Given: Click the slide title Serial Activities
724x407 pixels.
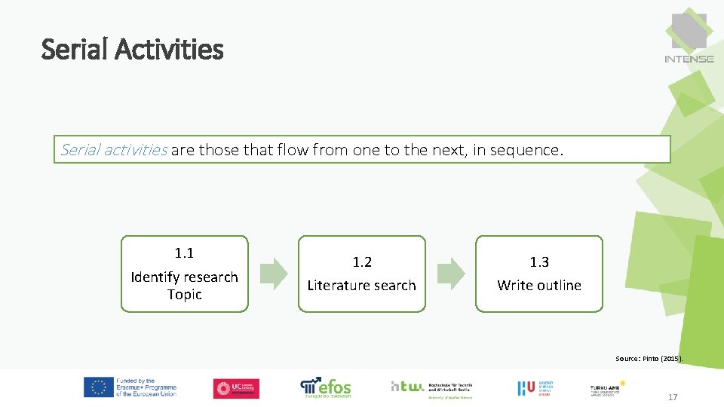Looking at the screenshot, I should (x=133, y=50).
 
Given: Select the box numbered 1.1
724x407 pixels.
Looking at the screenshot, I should (x=185, y=274).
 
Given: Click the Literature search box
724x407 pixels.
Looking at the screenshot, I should (x=362, y=274).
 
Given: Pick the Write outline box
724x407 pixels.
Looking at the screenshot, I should (x=539, y=274).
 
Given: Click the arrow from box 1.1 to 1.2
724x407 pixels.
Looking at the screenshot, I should (x=274, y=274).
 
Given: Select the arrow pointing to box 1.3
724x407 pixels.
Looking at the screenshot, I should (x=451, y=274).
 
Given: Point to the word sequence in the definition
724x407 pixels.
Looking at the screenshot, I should (x=526, y=150).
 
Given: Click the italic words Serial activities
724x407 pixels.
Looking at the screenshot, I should (x=113, y=149).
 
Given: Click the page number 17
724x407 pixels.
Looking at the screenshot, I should (x=673, y=396).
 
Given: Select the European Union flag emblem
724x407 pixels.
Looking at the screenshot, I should (x=97, y=387).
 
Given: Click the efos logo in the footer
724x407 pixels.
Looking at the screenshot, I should (x=326, y=387).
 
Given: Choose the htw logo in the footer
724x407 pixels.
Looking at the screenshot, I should (x=431, y=387).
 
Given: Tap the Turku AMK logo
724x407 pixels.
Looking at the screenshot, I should (x=606, y=387).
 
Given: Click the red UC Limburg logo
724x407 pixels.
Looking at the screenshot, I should (x=236, y=388).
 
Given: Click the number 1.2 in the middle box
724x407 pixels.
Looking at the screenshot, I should (x=362, y=262).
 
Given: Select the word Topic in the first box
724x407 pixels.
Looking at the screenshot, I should (x=185, y=295).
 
